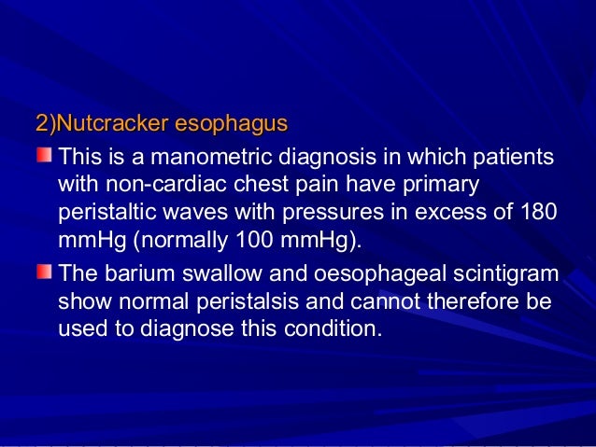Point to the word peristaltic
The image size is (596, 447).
tap(106, 212)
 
